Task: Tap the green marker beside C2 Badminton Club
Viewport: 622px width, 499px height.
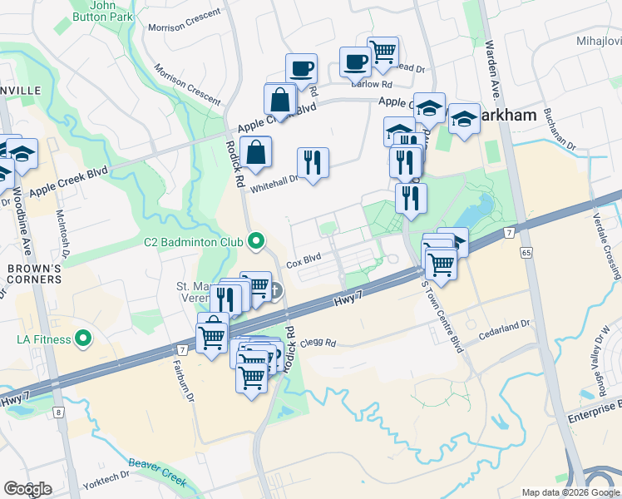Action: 256,242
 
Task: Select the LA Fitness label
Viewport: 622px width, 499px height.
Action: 41,338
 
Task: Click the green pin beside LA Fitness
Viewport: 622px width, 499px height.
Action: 82,338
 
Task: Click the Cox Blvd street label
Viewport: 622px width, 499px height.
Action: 304,260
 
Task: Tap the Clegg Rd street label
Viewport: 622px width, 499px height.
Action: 318,343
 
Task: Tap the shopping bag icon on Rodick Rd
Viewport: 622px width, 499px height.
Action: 256,152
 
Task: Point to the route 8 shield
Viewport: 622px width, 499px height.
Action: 58,412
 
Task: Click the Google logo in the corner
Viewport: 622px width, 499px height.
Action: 27,488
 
